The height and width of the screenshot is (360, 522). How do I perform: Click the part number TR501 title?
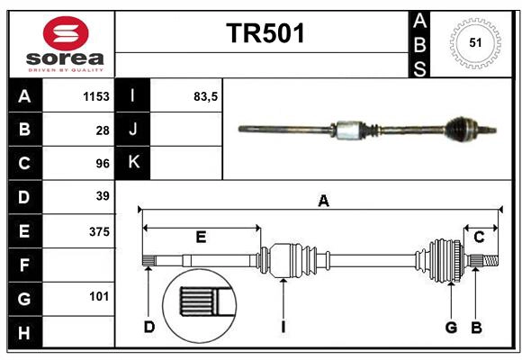click(x=265, y=33)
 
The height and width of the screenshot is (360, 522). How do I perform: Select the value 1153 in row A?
click(x=95, y=96)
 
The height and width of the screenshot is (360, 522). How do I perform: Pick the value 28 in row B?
click(x=102, y=130)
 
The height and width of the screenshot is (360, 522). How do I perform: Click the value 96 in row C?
click(x=102, y=163)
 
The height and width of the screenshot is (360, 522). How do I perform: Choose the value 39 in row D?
click(x=102, y=196)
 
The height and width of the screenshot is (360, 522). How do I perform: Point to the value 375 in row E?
click(x=98, y=231)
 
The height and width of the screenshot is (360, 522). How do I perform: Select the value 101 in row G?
click(x=99, y=296)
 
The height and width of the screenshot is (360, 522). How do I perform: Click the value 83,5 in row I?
click(x=206, y=96)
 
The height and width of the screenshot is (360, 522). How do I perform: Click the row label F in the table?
click(x=24, y=265)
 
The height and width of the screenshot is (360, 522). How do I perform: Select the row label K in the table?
click(x=133, y=163)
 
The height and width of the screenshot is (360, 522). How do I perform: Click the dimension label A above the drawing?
click(x=323, y=202)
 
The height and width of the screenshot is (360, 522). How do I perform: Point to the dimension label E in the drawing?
click(x=201, y=238)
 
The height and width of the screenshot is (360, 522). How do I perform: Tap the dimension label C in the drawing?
click(x=479, y=238)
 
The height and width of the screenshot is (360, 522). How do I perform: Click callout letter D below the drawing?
click(x=149, y=327)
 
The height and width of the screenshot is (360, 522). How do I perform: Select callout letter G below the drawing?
click(x=451, y=327)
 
